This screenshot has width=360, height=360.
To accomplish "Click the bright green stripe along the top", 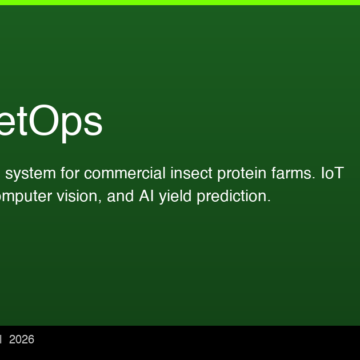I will pyautogui.click(x=180, y=2).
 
